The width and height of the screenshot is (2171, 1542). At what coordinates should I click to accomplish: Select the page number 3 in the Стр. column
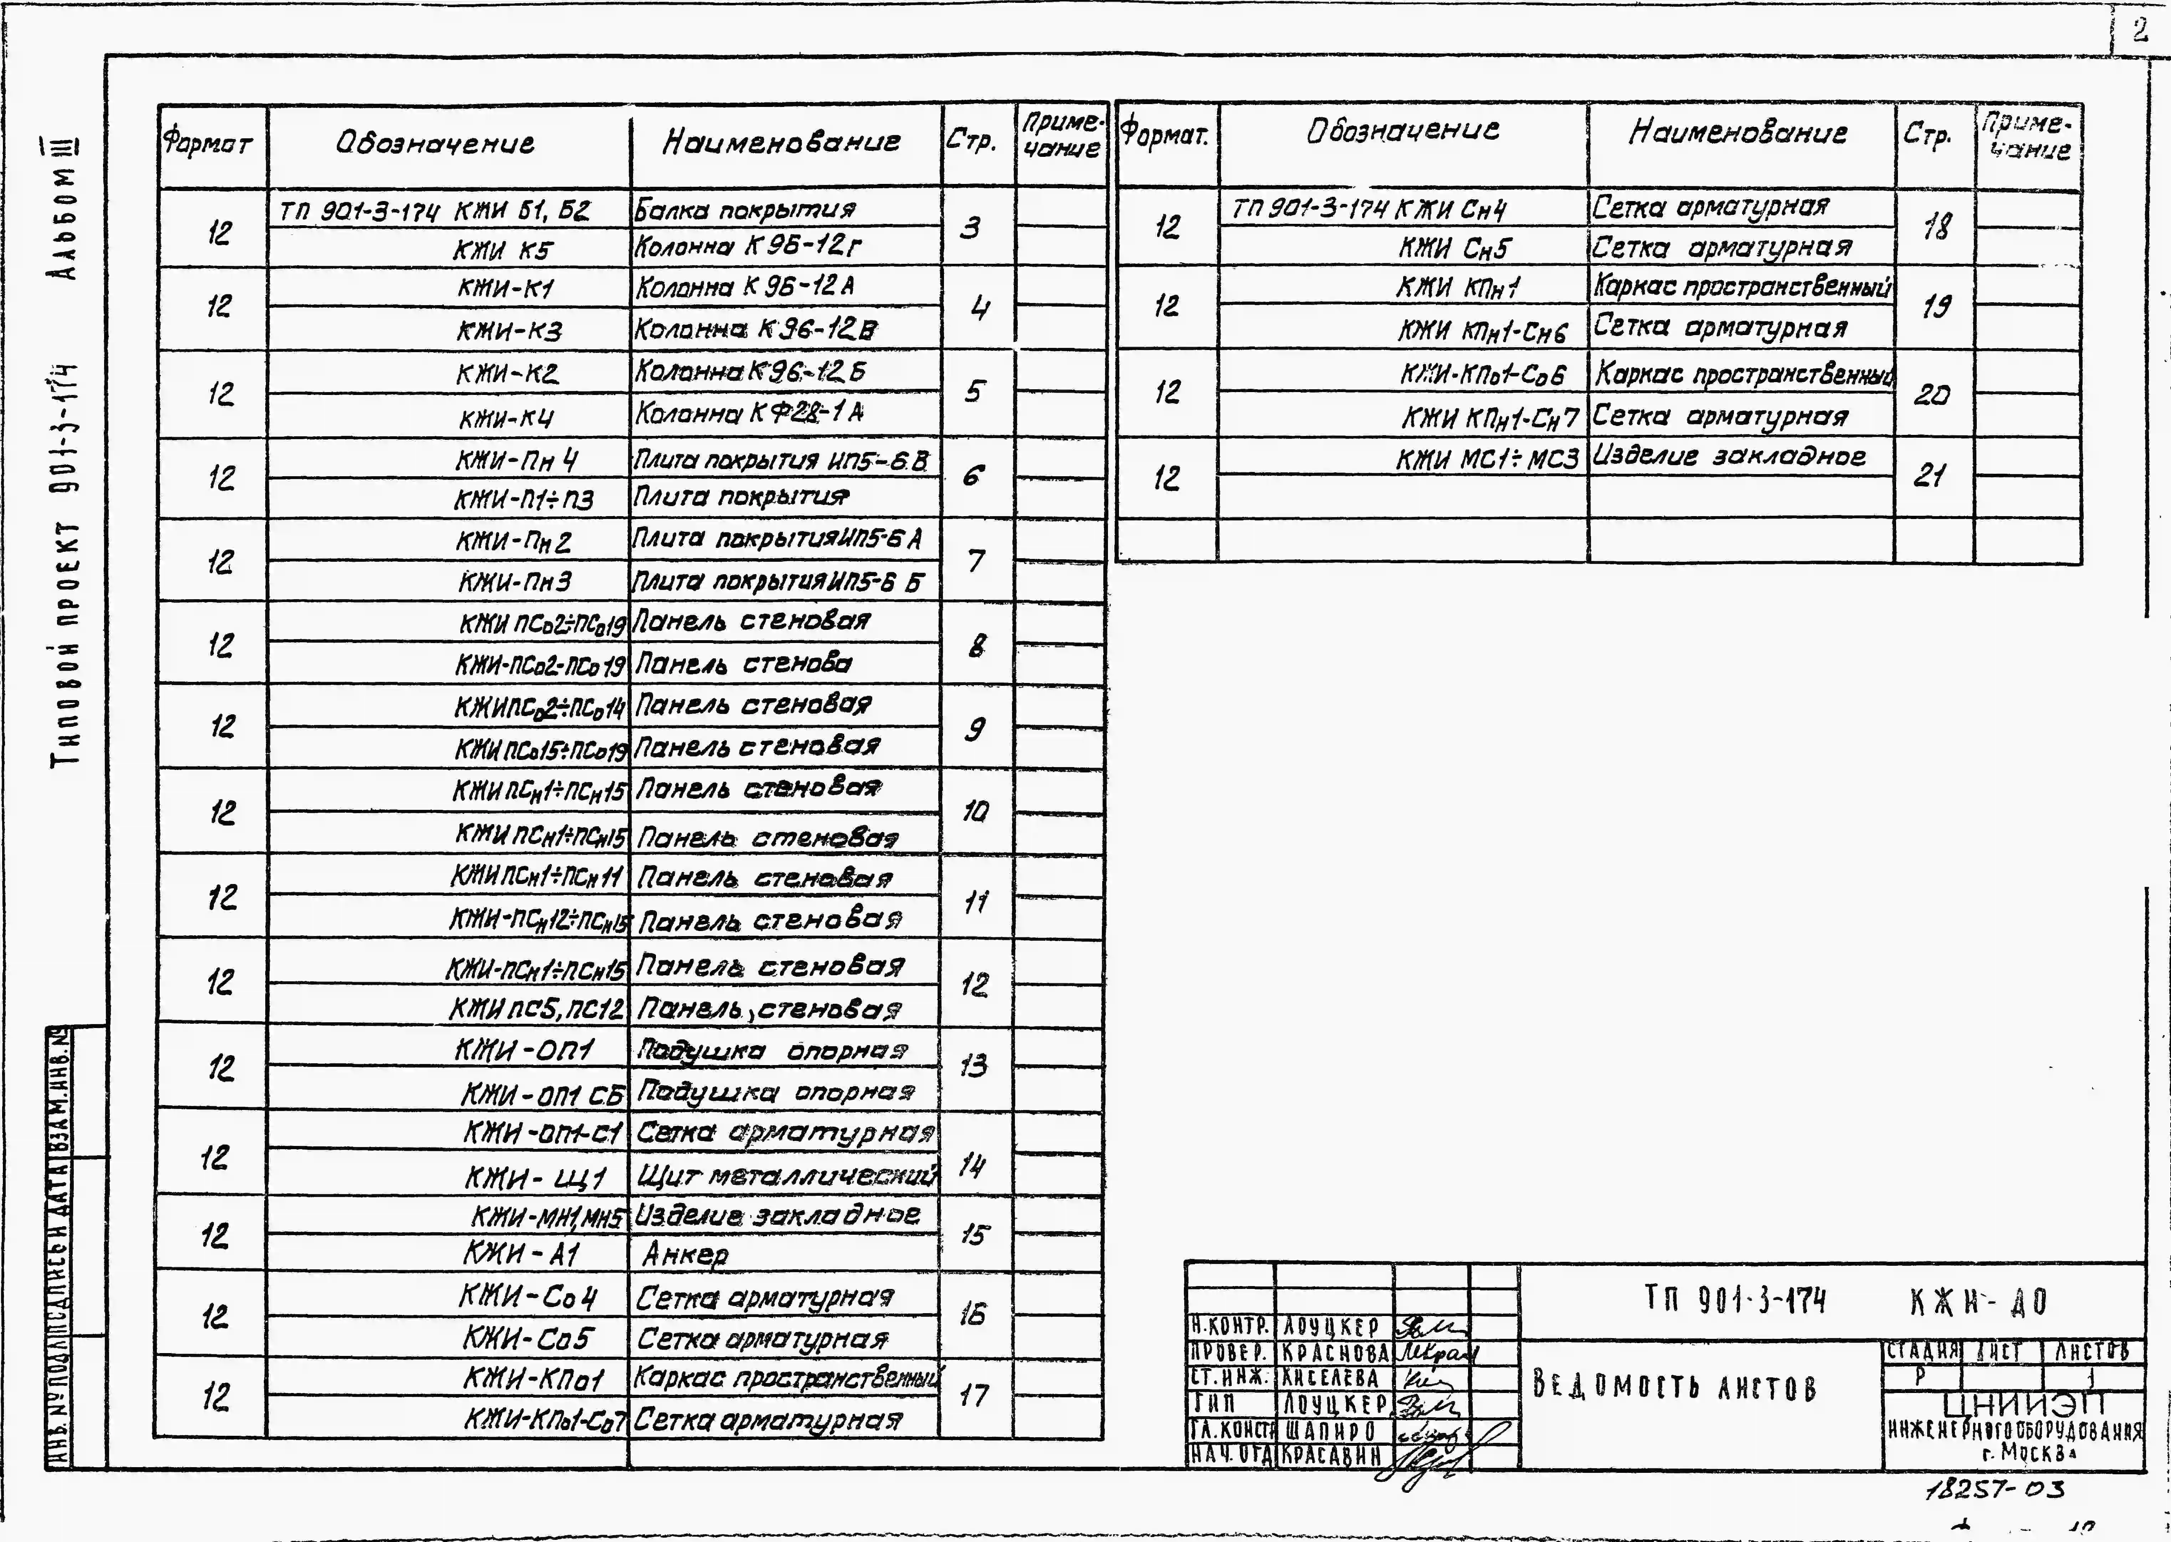click(x=970, y=228)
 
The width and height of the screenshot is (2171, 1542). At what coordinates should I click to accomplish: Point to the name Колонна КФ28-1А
click(x=749, y=413)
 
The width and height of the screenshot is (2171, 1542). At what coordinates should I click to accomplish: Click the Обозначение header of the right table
click(x=1403, y=130)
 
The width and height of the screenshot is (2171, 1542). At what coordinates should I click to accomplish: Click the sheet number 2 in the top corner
click(x=2139, y=31)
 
